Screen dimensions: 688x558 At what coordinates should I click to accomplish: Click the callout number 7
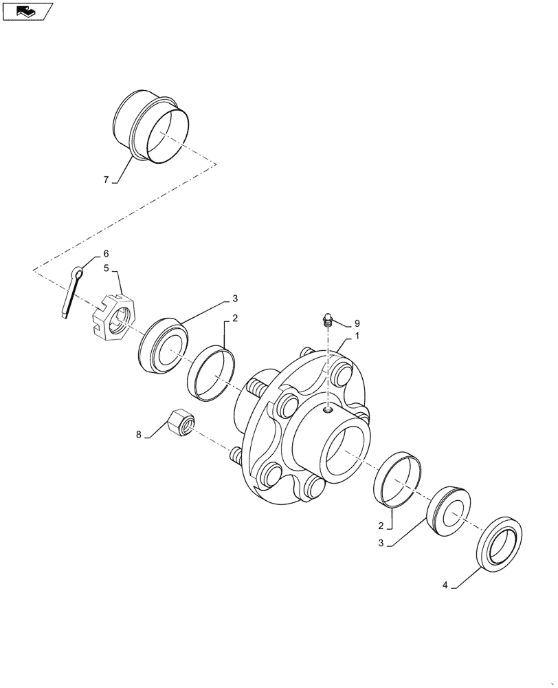(106, 180)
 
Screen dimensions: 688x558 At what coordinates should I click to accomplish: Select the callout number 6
(106, 254)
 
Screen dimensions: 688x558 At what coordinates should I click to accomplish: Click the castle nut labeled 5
(115, 319)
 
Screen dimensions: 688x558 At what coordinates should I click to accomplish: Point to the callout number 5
(107, 269)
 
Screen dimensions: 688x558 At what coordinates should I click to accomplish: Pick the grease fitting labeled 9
(328, 320)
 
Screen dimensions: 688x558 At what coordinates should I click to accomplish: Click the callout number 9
(357, 323)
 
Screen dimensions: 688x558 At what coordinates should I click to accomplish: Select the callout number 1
(357, 337)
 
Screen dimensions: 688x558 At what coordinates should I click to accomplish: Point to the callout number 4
(445, 585)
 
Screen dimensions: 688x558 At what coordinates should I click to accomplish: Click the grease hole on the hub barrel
(328, 411)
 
